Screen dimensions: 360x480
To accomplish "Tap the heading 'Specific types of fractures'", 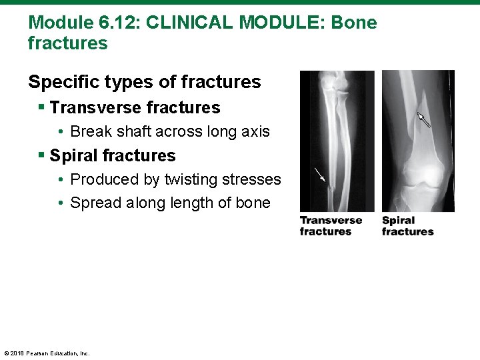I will [x=145, y=82].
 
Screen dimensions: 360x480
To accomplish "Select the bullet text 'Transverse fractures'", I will [x=135, y=107].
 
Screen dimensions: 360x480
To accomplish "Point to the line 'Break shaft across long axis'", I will [x=170, y=131].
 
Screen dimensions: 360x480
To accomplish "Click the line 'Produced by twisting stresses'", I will [x=175, y=179].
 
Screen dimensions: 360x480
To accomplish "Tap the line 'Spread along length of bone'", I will [x=170, y=203].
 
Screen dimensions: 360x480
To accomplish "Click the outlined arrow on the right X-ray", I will [x=423, y=119].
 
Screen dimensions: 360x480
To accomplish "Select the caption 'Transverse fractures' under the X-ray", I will [x=331, y=226].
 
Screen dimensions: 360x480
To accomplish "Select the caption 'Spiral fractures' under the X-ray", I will [x=407, y=226].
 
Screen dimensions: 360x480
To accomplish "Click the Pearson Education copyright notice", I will [x=47, y=353].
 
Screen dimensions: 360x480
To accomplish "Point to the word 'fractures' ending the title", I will [x=67, y=44].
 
